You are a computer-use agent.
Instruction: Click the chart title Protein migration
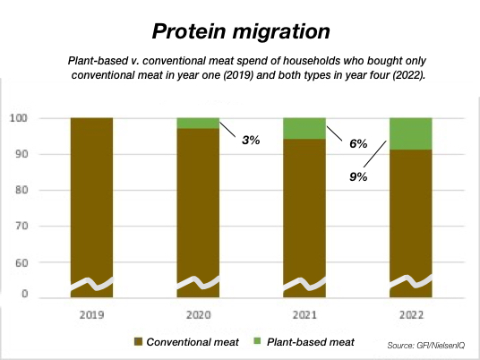(241, 31)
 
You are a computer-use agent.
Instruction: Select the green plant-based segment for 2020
(198, 123)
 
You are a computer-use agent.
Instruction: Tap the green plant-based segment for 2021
(304, 129)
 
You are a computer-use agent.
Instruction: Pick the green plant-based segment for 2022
(411, 133)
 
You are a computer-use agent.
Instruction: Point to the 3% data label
(251, 141)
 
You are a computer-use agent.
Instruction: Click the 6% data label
(358, 143)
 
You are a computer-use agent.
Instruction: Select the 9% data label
(358, 176)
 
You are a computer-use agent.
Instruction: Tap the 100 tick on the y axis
(19, 118)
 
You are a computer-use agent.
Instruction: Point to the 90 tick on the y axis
(21, 154)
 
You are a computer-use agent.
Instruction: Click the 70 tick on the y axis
(21, 226)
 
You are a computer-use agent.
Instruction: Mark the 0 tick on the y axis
(24, 294)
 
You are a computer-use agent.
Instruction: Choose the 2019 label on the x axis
(91, 315)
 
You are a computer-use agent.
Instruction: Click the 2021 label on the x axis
(304, 315)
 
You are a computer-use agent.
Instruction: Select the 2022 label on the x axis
(411, 315)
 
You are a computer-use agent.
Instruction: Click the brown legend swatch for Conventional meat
(139, 342)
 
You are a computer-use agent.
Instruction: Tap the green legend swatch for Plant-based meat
(257, 341)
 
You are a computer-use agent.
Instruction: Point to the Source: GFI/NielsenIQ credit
(426, 346)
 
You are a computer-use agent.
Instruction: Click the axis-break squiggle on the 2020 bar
(198, 283)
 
